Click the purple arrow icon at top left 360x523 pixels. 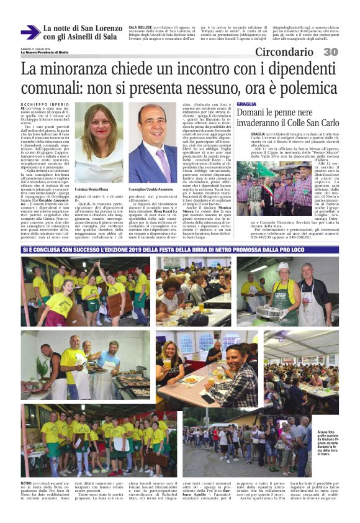(x=30, y=32)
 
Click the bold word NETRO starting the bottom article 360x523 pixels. (x=27, y=482)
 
